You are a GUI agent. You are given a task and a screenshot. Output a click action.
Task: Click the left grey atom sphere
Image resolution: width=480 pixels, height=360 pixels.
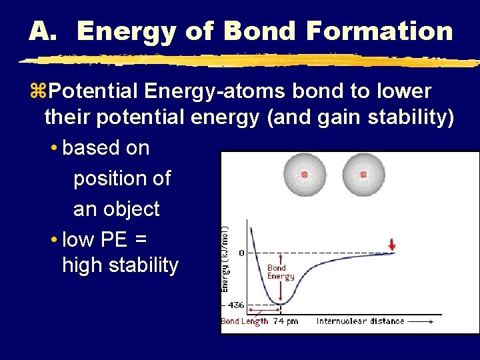pyautogui.click(x=305, y=175)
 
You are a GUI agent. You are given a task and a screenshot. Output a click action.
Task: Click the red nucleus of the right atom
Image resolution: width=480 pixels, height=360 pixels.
pyautogui.click(x=363, y=175)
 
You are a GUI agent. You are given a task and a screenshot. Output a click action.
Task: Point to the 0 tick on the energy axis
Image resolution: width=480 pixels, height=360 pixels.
pyautogui.click(x=241, y=253)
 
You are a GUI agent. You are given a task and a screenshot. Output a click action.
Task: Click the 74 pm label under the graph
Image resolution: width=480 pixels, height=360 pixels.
pyautogui.click(x=286, y=321)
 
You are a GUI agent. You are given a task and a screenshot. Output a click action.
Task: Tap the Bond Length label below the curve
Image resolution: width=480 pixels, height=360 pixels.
pyautogui.click(x=244, y=321)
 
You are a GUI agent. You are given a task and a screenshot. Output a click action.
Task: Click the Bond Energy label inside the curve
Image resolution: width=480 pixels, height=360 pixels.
pyautogui.click(x=281, y=272)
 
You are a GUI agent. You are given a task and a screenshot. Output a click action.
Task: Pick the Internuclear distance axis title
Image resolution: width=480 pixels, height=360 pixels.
pyautogui.click(x=360, y=321)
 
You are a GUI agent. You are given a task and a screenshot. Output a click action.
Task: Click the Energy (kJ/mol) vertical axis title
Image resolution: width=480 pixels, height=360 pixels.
pyautogui.click(x=226, y=256)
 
